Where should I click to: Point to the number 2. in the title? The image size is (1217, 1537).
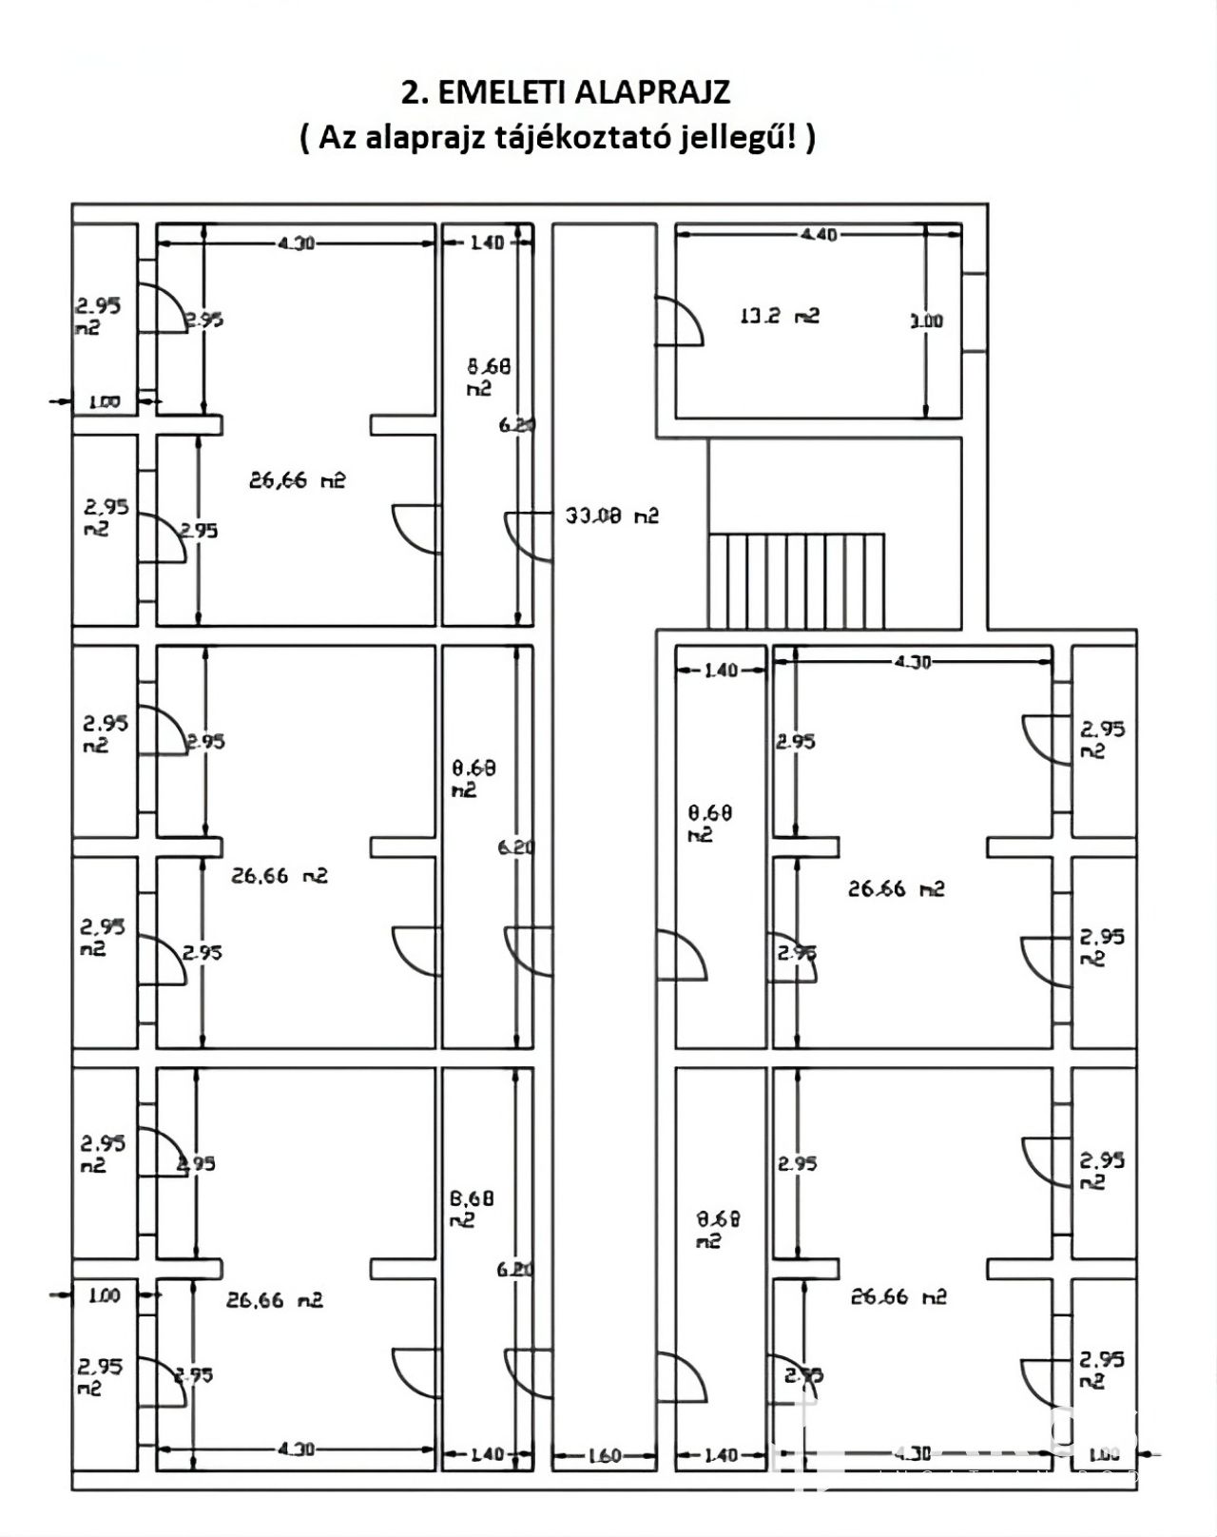(x=412, y=92)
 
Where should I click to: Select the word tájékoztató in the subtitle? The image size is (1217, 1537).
(x=581, y=138)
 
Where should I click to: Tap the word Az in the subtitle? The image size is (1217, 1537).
(x=334, y=138)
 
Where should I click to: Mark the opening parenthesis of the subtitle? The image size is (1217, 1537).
(x=304, y=139)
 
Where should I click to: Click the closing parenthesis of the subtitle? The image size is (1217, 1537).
(x=809, y=139)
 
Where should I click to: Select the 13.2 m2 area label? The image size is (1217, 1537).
(x=779, y=316)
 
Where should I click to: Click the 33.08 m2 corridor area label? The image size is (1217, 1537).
(x=611, y=516)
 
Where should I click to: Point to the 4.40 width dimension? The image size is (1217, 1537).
(x=820, y=234)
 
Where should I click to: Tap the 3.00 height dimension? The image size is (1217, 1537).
(x=926, y=321)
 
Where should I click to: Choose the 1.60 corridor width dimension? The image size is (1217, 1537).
(x=604, y=1455)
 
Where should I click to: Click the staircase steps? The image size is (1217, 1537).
(x=797, y=580)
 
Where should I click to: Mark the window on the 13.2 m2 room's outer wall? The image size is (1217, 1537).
(x=974, y=313)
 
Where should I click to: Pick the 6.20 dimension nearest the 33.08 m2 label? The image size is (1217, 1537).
(x=516, y=426)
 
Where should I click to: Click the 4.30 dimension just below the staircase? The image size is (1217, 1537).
(x=912, y=662)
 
